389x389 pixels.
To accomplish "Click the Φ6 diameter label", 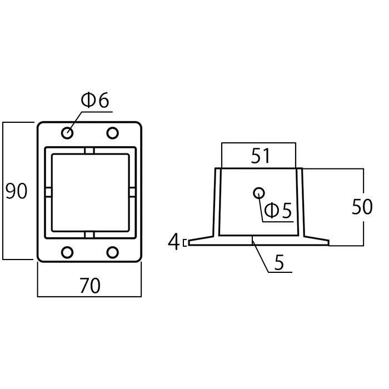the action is pyautogui.click(x=95, y=100).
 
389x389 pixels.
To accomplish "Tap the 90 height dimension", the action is pyautogui.click(x=16, y=191).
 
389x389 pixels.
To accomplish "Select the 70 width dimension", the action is pyautogui.click(x=90, y=286).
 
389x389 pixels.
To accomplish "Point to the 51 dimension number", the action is pyautogui.click(x=260, y=156).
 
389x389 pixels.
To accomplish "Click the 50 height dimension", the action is pyautogui.click(x=362, y=207).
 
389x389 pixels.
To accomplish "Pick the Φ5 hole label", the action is pyautogui.click(x=278, y=211).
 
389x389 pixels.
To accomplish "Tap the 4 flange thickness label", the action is pyautogui.click(x=173, y=241).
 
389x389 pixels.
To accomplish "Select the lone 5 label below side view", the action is pyautogui.click(x=279, y=262).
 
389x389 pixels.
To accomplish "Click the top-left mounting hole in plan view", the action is pyautogui.click(x=67, y=133).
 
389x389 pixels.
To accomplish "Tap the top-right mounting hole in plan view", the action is pyautogui.click(x=112, y=133).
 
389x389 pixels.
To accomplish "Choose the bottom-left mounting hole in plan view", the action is pyautogui.click(x=67, y=252).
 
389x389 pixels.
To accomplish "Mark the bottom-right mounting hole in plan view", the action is pyautogui.click(x=112, y=252).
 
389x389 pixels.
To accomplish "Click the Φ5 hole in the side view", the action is pyautogui.click(x=259, y=193).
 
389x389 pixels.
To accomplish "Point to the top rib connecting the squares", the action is pyautogui.click(x=89, y=151).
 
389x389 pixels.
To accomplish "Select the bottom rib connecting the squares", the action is pyautogui.click(x=89, y=235).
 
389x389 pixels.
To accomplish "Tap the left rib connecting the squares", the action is pyautogui.click(x=48, y=192).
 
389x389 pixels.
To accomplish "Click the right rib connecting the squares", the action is pyautogui.click(x=132, y=192).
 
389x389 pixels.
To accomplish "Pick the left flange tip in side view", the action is pyautogui.click(x=189, y=243).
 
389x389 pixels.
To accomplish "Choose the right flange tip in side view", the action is pyautogui.click(x=328, y=243).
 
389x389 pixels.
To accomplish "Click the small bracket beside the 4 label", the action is pyautogui.click(x=184, y=243).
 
